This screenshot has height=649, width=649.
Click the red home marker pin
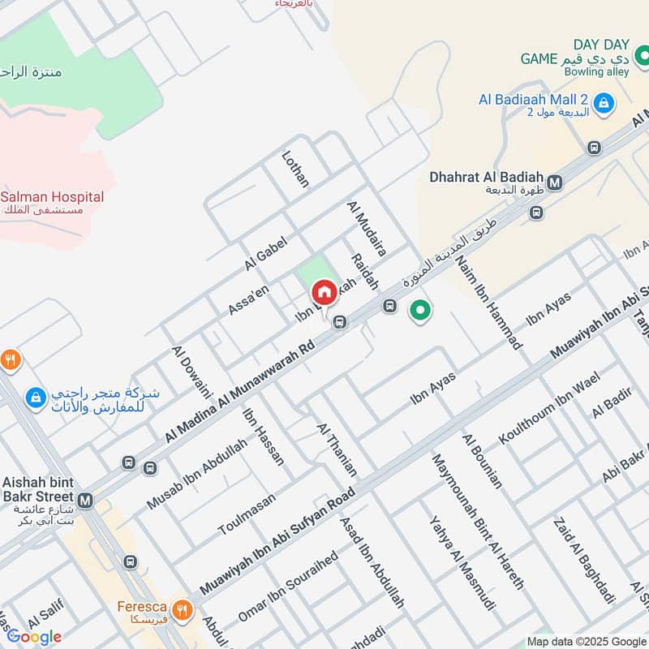(x=324, y=292)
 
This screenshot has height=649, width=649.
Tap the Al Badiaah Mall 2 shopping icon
(x=603, y=103)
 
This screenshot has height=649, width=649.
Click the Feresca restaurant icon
(x=183, y=609)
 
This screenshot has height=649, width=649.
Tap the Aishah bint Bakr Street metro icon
(x=86, y=501)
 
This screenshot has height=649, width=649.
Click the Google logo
(x=34, y=637)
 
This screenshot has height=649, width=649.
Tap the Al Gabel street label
(x=266, y=254)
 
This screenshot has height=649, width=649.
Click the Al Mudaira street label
(x=367, y=230)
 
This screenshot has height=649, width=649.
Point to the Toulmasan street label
(x=247, y=514)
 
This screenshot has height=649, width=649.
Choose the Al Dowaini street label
(x=191, y=372)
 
